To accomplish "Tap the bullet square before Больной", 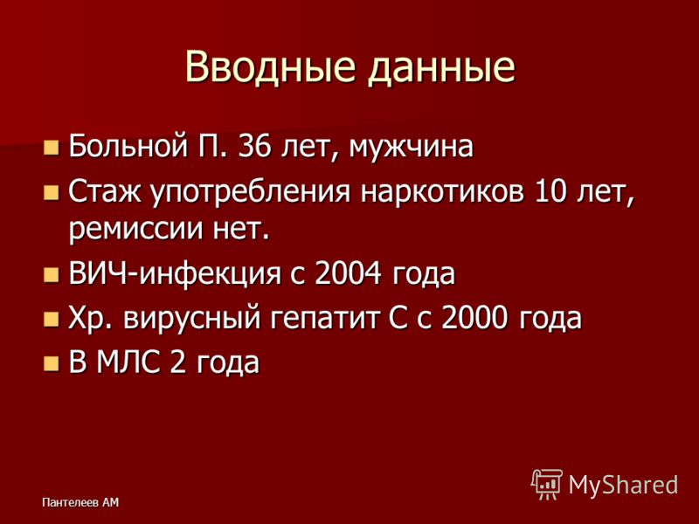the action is tap(52, 147).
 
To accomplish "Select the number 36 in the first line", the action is tap(254, 146).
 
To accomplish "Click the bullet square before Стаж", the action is tap(52, 193).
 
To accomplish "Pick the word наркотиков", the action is tap(442, 193).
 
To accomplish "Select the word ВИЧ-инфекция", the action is tap(175, 273).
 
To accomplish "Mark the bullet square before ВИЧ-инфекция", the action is tap(52, 275).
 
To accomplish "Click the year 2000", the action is tap(474, 318).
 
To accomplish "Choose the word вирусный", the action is tap(192, 320).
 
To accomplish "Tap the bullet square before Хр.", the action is tap(52, 320).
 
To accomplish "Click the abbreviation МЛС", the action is tap(128, 362).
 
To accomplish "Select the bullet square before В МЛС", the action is tap(52, 363).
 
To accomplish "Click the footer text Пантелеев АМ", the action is tap(80, 503).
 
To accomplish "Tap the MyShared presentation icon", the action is tap(547, 484).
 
